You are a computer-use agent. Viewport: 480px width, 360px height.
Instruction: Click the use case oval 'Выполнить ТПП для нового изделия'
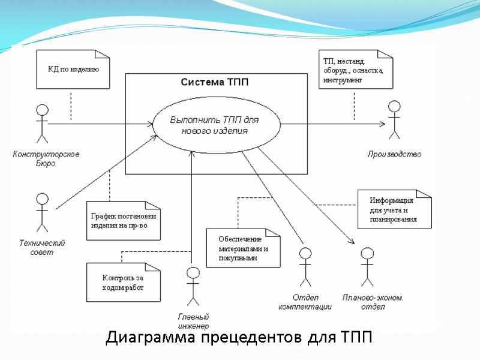point(217,125)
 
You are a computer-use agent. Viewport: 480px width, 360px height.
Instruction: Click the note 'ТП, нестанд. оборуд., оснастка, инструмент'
point(355,70)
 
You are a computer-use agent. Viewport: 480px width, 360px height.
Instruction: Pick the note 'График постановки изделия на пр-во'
point(125,220)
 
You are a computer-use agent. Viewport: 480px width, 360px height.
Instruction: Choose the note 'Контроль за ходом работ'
point(124,283)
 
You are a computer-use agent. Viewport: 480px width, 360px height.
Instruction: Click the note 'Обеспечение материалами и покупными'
point(243,248)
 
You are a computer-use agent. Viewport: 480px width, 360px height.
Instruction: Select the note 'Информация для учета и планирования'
point(394,209)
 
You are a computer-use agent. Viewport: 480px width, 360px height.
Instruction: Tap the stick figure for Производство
point(394,120)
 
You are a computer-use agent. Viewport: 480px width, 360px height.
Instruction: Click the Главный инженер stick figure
point(193,286)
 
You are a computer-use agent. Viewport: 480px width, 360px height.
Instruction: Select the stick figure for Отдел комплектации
point(305,266)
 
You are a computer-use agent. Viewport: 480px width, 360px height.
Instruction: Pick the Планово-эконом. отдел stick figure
point(367,266)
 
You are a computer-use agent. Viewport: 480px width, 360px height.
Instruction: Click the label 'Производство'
point(394,154)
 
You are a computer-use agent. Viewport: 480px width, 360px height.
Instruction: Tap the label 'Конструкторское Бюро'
point(46,158)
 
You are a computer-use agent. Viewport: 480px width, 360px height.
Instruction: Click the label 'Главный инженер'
point(193,321)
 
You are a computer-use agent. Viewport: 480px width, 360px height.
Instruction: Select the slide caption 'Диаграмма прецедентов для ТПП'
point(239,338)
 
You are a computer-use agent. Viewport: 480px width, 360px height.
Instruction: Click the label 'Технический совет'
point(42,247)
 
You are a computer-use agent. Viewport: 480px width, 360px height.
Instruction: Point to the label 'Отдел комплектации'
point(305,302)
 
